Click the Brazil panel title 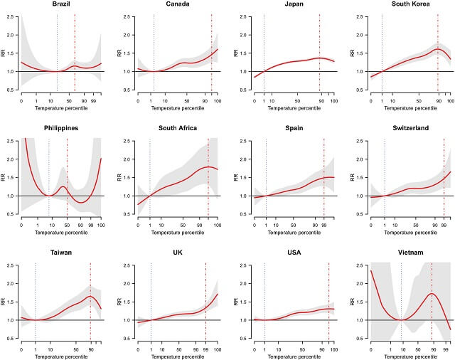point(60,4)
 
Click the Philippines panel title point(60,128)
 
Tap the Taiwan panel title point(60,253)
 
